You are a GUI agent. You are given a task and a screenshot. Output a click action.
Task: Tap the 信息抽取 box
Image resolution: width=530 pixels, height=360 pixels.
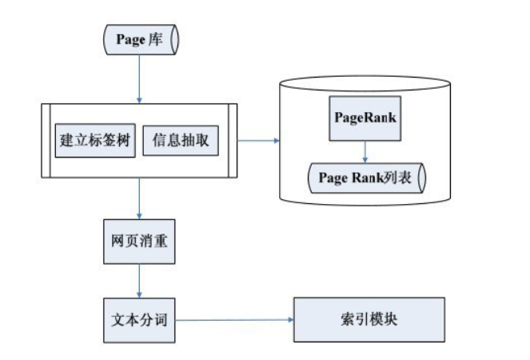click(181, 141)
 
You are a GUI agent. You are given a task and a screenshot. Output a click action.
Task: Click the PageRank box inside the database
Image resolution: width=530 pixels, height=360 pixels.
click(365, 117)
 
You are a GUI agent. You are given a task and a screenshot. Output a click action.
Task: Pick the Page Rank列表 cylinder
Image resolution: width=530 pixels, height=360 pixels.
click(365, 178)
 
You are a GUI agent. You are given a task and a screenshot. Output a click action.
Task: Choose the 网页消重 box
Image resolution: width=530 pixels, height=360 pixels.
click(138, 240)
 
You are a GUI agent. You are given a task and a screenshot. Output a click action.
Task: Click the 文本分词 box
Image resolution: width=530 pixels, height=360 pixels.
click(138, 318)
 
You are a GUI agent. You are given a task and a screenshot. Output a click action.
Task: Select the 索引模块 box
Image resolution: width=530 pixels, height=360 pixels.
click(369, 318)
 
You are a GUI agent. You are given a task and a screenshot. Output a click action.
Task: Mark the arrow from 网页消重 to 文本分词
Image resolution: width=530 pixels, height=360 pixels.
click(139, 279)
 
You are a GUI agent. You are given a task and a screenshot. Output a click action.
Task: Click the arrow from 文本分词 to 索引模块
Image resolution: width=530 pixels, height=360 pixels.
click(233, 319)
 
